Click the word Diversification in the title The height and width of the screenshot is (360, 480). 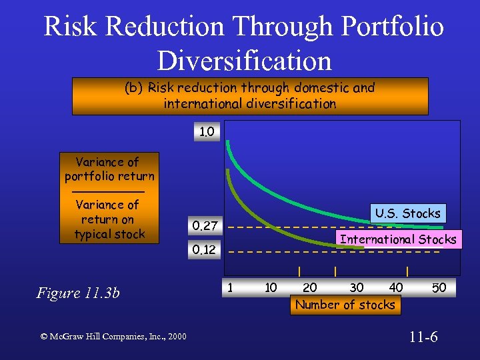click(x=244, y=60)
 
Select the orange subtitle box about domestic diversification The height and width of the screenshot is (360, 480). click(x=250, y=95)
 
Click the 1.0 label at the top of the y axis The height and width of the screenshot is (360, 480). click(x=207, y=132)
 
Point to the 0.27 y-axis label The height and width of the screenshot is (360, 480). click(x=205, y=226)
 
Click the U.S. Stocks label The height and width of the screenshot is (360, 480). click(x=407, y=213)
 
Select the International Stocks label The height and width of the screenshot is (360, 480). click(x=398, y=239)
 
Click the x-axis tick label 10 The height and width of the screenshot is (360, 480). click(x=271, y=287)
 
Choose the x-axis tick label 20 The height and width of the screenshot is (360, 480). click(x=310, y=288)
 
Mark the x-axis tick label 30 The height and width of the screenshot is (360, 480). click(x=357, y=288)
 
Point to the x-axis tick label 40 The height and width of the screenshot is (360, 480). click(x=396, y=288)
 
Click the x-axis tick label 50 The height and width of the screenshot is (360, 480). click(x=439, y=288)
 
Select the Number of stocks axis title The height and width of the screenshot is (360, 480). click(x=345, y=305)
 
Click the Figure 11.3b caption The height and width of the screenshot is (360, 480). click(x=77, y=293)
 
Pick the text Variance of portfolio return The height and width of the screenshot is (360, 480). click(x=108, y=169)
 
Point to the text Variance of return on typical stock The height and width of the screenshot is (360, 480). click(x=108, y=219)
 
